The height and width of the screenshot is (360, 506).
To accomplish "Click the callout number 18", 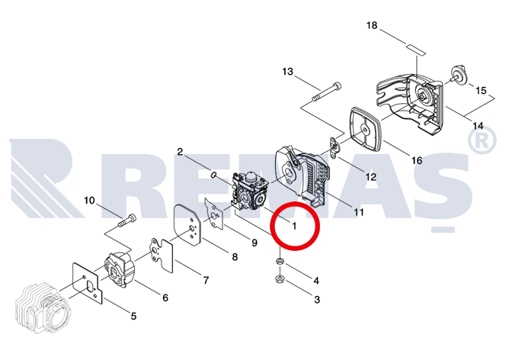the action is [x=372, y=25].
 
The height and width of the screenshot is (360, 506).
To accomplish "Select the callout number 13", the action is [x=287, y=72].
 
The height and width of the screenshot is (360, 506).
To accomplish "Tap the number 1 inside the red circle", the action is [x=294, y=226].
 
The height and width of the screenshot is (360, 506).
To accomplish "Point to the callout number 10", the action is [x=89, y=201].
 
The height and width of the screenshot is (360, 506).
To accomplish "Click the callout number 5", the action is [x=133, y=316].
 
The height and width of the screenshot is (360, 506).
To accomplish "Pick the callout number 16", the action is [x=417, y=160].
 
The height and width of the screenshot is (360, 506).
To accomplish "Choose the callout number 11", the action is [x=358, y=212].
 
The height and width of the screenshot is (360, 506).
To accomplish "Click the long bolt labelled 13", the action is [x=326, y=92].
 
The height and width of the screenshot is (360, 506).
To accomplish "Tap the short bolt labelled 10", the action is [x=127, y=220].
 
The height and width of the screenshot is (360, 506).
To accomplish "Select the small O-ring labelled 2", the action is [x=213, y=175].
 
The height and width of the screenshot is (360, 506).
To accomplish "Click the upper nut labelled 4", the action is [x=280, y=261].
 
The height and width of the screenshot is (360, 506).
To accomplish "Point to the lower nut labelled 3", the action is [x=279, y=279].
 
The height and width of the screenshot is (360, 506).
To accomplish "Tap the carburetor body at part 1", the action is [x=251, y=191].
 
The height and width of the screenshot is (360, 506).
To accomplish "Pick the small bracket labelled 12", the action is [x=334, y=147].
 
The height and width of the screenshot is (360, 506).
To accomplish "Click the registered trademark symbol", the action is [x=482, y=140].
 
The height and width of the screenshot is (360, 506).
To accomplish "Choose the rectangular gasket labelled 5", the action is [x=87, y=283].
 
